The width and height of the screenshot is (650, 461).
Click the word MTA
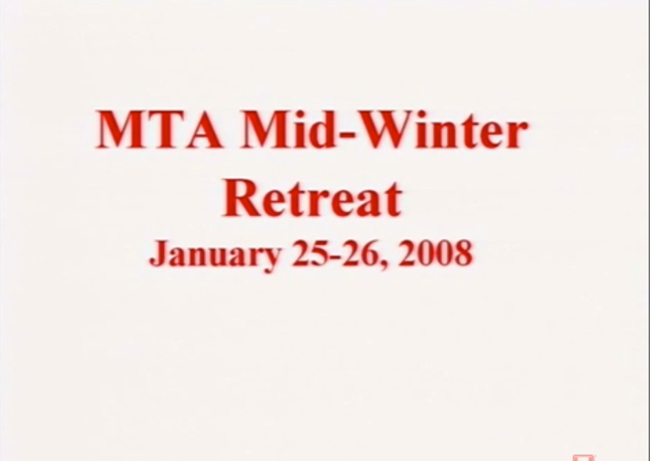coord(160,129)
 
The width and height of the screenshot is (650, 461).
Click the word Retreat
coord(312,198)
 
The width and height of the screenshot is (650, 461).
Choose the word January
coord(215,255)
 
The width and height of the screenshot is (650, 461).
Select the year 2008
coord(435,252)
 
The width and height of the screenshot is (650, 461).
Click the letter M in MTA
coord(121,129)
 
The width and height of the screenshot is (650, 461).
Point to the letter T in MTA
coord(165,129)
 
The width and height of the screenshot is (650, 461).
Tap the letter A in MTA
coord(202,129)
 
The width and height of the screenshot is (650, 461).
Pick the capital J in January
coord(159,254)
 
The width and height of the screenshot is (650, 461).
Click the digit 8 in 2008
coord(463,252)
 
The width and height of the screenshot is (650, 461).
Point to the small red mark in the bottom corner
coord(583,458)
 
